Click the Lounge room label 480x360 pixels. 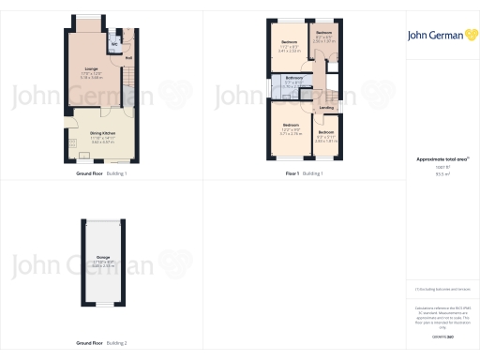tap(92, 68)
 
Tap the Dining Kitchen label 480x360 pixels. tap(102, 133)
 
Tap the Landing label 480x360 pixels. tap(326, 108)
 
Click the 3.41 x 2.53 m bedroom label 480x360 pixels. tap(290, 42)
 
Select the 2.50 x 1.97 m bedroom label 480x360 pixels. tap(324, 35)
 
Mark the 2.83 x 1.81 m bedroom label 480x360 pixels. tap(325, 132)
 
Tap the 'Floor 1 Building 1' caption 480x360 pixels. tap(305, 174)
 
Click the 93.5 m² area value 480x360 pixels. tap(436, 173)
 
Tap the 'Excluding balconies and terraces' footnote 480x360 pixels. tap(436, 292)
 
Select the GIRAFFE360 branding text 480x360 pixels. tap(436, 335)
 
